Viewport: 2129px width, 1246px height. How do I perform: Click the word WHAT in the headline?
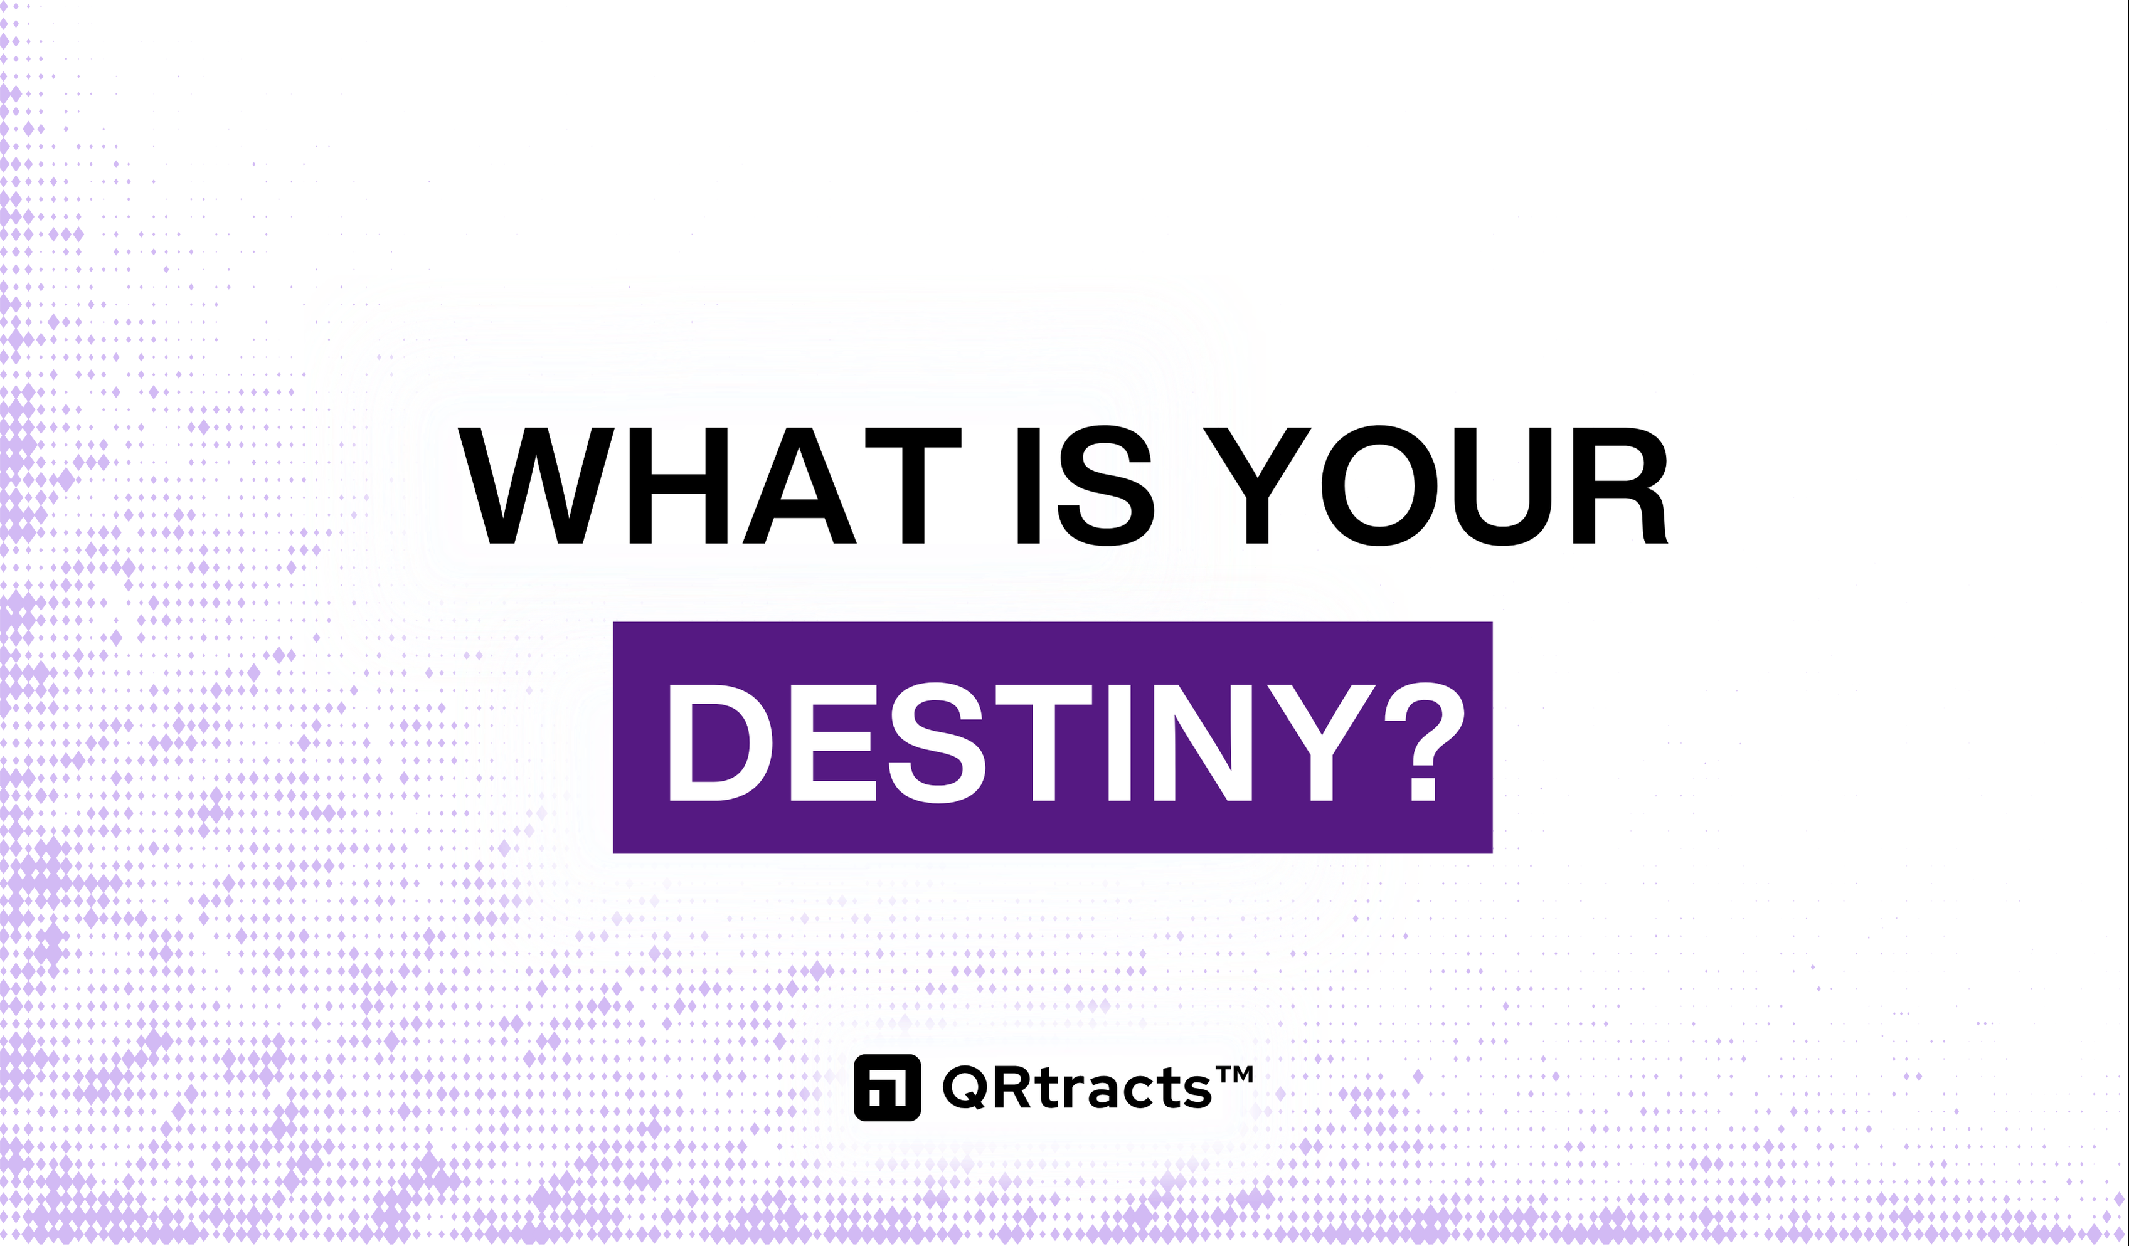[709, 486]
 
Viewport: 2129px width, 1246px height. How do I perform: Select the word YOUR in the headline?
[1436, 486]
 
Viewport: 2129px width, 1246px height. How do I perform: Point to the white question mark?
[1425, 742]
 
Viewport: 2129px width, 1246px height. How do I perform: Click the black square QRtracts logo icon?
[887, 1087]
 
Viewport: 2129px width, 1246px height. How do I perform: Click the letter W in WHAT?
[536, 486]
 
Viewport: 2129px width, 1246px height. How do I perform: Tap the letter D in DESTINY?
[721, 742]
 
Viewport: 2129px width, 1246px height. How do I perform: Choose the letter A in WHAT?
[800, 486]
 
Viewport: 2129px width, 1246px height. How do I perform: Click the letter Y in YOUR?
[1257, 486]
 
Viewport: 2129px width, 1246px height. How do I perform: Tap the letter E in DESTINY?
[833, 742]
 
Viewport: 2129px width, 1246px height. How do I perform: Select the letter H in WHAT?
[679, 486]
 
